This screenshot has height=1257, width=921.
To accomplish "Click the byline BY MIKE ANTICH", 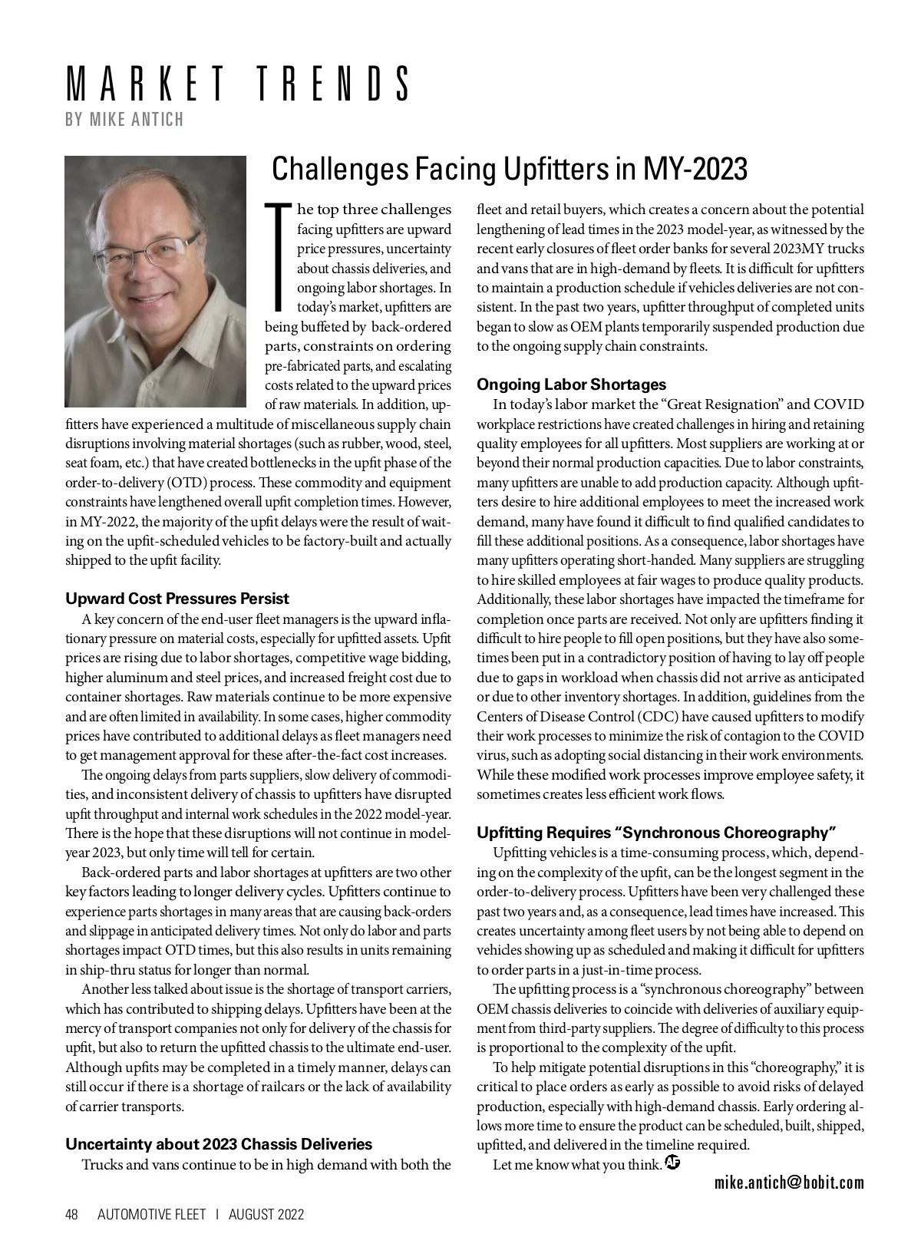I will pos(124,120).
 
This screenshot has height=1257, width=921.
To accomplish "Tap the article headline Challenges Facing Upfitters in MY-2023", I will pos(510,169).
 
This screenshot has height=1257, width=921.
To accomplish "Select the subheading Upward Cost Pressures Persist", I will pos(177,599).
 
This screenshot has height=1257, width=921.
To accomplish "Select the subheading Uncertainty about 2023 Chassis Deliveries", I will pos(219,1144).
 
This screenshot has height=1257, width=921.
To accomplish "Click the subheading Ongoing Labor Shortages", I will pos(572,384).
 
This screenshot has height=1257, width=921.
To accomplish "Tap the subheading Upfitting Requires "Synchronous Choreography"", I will pos(656,833).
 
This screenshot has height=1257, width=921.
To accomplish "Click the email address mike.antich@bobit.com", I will pos(789,1183).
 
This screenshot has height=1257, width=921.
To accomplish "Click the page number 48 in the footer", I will pos(72,1214).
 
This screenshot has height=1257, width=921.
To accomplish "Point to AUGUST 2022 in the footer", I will pos(266,1214).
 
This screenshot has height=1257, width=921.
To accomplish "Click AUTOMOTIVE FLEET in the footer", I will pos(152,1214).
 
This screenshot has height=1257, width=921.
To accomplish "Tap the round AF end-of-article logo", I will pos(673,1163).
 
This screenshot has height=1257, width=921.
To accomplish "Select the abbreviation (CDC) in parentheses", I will pos(653,717).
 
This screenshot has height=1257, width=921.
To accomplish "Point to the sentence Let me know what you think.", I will pos(577,1165).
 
